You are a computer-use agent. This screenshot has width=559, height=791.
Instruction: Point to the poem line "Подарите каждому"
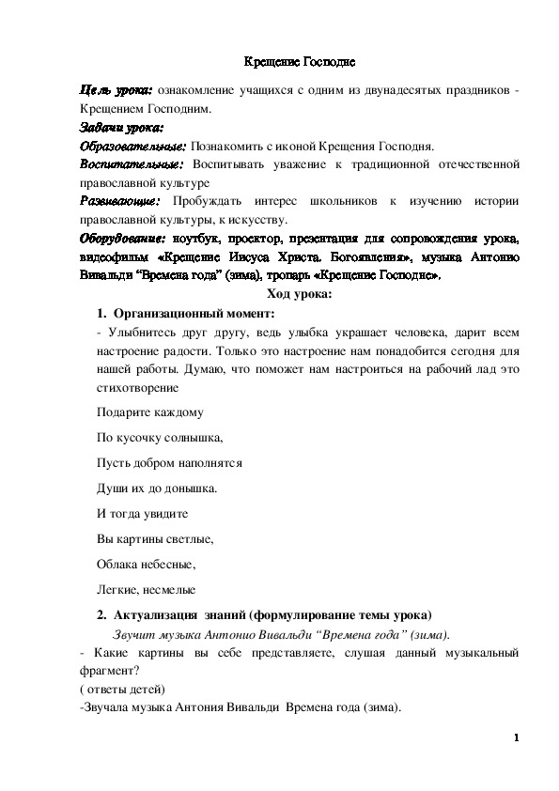click(x=149, y=411)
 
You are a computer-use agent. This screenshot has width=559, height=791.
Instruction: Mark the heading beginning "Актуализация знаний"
click(x=272, y=615)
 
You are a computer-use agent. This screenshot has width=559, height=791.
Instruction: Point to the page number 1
click(x=517, y=738)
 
